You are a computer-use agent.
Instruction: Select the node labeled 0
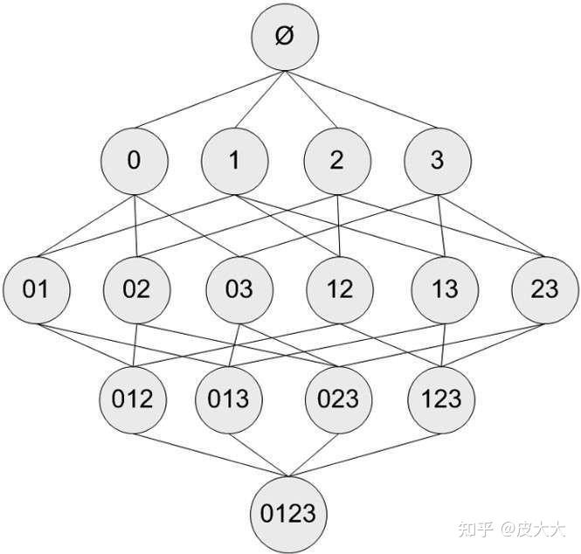[134, 161]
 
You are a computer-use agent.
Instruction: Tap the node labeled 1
[234, 161]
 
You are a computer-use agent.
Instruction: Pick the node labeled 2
[337, 161]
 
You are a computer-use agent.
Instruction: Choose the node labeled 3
[438, 161]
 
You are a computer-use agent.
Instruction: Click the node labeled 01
[35, 289]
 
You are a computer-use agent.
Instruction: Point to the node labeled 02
[136, 289]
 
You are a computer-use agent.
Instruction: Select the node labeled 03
[239, 289]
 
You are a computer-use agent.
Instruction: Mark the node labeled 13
[442, 289]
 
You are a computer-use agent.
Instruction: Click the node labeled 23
[543, 289]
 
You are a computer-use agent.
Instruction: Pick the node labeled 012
[134, 399]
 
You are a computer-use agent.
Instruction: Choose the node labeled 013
[229, 399]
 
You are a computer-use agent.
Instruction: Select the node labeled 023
[338, 399]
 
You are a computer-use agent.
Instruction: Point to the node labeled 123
[440, 399]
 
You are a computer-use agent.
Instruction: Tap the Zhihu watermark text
[512, 528]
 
